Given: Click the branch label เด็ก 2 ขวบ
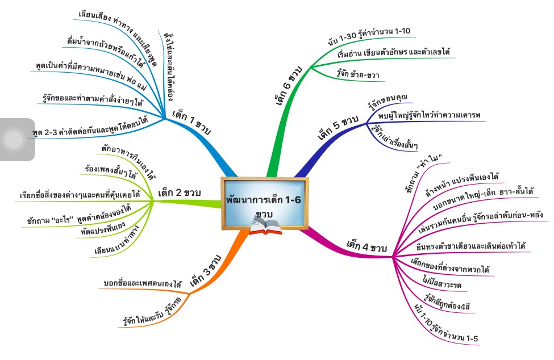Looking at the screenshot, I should pos(179,193).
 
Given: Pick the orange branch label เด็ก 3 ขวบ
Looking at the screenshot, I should pos(206,271).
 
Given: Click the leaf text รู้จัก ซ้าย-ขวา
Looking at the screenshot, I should pos(356,75).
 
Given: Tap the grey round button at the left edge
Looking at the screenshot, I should pos(13,139).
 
